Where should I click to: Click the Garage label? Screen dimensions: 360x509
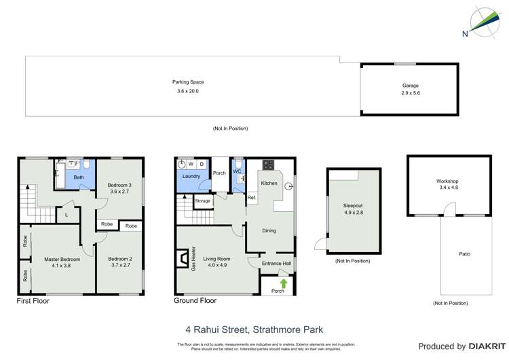(411, 86)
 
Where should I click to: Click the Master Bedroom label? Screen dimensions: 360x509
(62, 259)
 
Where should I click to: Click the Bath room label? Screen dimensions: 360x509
(79, 178)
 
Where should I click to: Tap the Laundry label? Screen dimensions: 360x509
(191, 177)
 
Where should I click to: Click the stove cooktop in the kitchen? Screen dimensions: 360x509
(268, 164)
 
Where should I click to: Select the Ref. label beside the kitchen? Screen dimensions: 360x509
(251, 198)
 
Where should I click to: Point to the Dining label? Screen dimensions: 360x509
(269, 231)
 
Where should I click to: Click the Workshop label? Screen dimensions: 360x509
(448, 181)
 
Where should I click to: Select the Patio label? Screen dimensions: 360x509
(464, 254)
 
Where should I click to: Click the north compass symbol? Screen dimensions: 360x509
(482, 22)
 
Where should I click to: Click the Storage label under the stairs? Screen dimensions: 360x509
(202, 201)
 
